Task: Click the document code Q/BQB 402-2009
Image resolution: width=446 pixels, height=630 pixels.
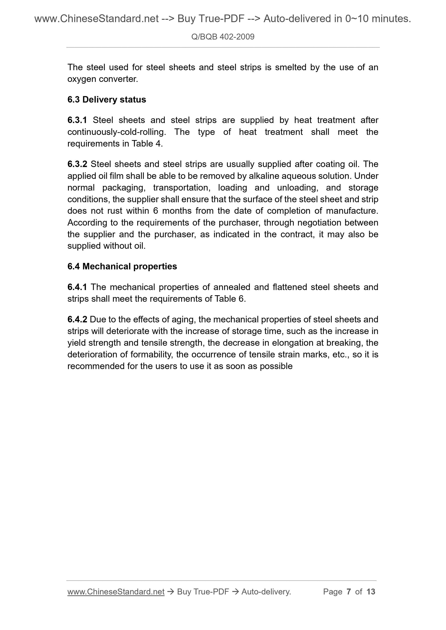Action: [223, 37]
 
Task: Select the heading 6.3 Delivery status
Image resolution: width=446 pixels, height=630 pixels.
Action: [107, 100]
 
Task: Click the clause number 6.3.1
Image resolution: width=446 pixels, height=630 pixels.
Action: [77, 120]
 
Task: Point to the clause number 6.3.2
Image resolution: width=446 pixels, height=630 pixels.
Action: [77, 164]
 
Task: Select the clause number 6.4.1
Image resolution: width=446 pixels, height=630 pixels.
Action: [77, 287]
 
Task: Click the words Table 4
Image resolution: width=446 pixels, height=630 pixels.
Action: [146, 144]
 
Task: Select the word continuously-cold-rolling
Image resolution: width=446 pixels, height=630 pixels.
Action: [116, 132]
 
